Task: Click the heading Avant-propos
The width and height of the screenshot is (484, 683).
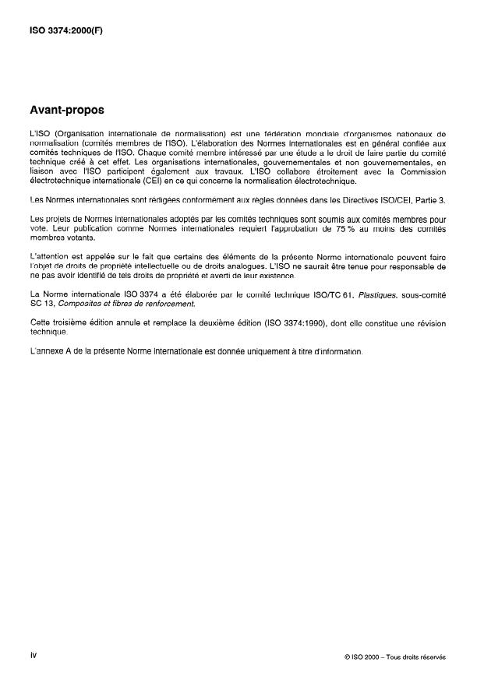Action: coord(65,110)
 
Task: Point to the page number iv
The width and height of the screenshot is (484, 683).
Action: coord(33,655)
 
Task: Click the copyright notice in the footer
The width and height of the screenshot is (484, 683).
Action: coord(394,657)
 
